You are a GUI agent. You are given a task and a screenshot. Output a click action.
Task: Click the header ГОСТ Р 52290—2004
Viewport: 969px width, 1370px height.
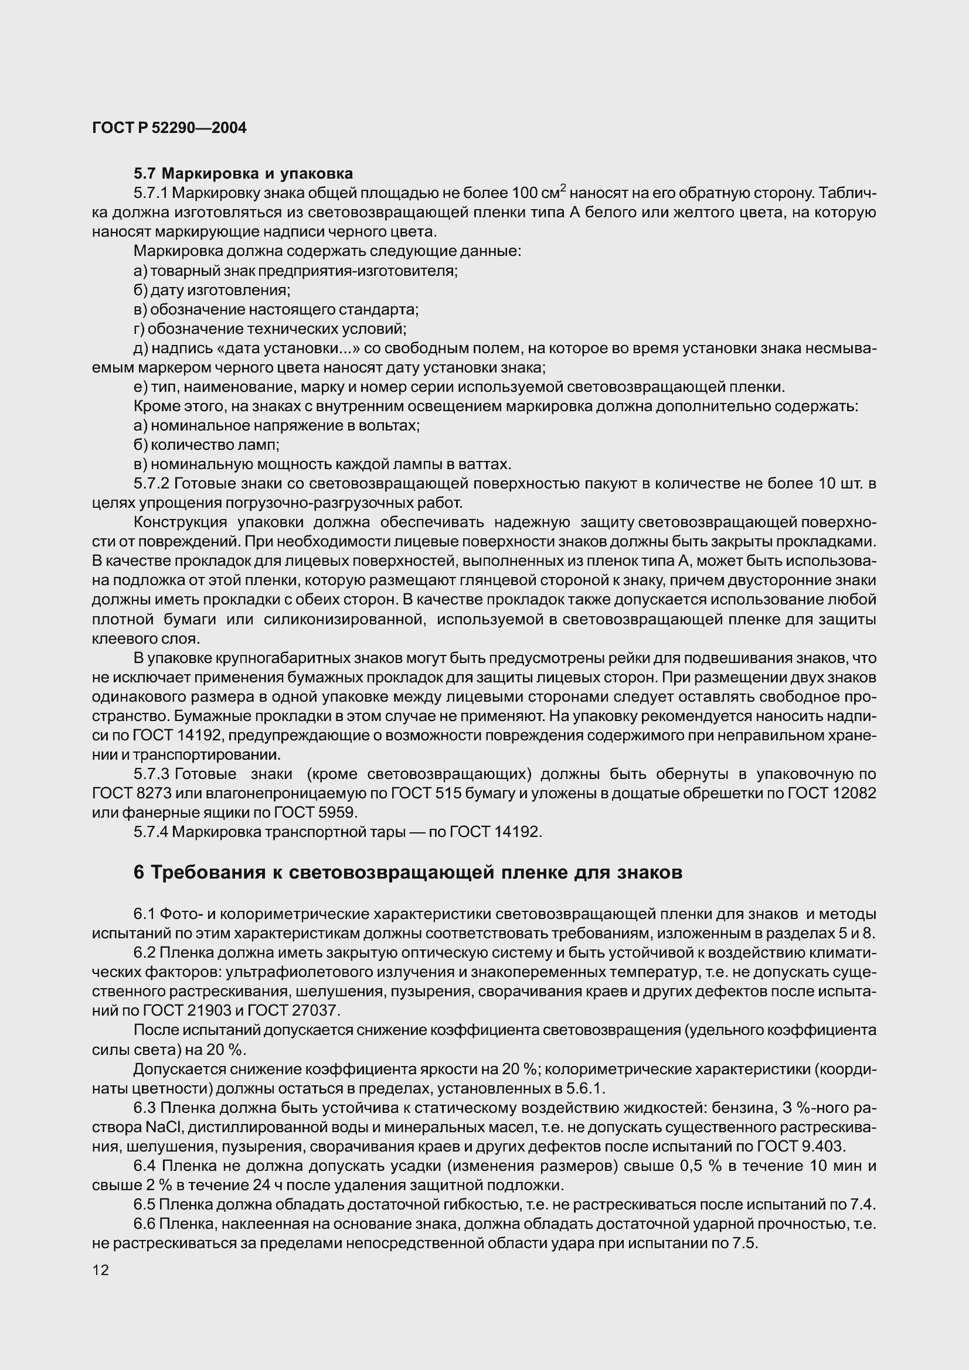click(169, 128)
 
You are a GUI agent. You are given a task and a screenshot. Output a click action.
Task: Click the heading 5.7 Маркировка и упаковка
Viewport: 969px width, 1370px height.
click(243, 173)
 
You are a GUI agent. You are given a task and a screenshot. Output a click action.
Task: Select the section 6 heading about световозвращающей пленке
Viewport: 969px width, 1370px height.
click(408, 872)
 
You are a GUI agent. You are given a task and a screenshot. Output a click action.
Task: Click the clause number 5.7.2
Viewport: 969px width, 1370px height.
click(153, 484)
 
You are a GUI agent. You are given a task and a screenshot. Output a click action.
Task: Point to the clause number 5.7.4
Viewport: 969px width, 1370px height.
click(153, 832)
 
